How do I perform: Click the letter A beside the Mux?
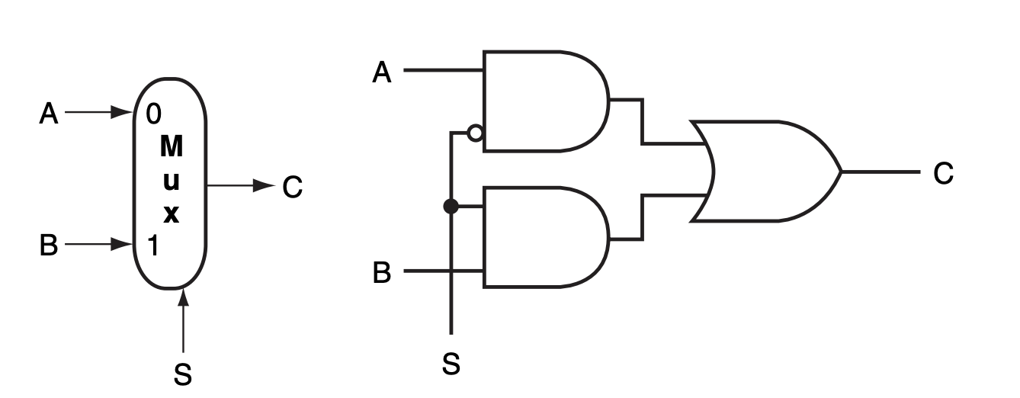coord(49,114)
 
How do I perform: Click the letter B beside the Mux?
coord(49,246)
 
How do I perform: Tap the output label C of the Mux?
coord(292,187)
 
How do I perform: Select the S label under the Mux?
coord(183,374)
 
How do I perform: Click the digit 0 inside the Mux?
coord(153,114)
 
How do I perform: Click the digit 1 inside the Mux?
coord(152,246)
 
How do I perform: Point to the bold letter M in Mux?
coord(172,146)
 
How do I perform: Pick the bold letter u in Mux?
coord(172,181)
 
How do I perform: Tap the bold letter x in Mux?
coord(172,214)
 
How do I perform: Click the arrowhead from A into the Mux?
coord(122,113)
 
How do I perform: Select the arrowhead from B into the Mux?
coord(122,244)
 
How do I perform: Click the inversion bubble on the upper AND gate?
coord(475,133)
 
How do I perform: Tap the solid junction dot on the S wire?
coord(451,206)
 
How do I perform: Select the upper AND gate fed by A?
coord(541,101)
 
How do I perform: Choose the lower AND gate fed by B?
coord(541,237)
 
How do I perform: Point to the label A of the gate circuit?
coord(382,72)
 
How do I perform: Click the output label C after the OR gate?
coord(943,174)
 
